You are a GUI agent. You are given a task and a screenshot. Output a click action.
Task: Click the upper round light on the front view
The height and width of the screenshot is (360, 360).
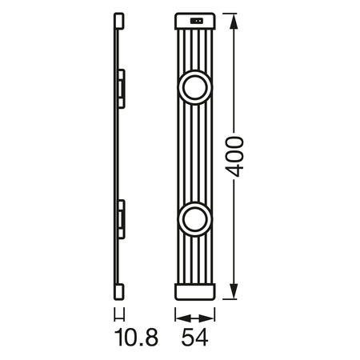tap(194, 87)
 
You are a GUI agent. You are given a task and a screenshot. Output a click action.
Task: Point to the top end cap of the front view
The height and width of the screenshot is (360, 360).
tap(194, 22)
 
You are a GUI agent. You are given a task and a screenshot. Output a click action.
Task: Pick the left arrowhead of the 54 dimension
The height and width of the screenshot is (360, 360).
tap(178, 316)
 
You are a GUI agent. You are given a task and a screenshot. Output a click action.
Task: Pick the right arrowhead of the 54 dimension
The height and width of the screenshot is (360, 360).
tap(211, 316)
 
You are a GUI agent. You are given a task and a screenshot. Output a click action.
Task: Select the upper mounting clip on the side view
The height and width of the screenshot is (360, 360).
tap(122, 87)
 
